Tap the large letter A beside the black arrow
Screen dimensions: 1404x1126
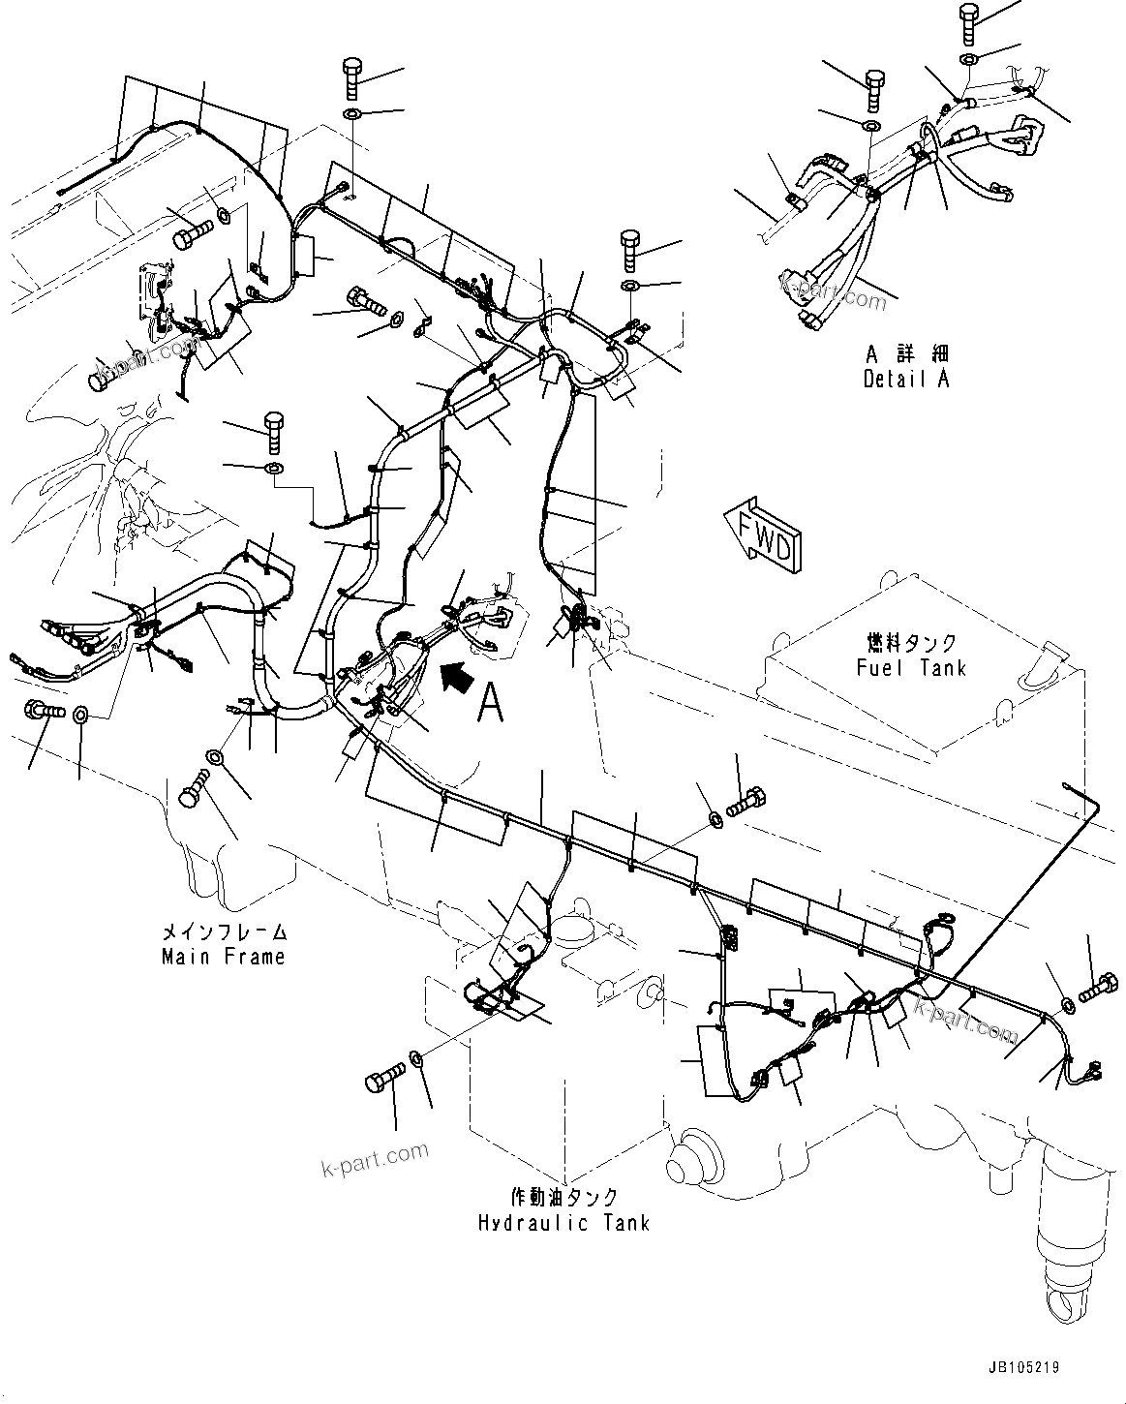[x=491, y=703]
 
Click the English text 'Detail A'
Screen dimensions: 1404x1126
[x=906, y=379]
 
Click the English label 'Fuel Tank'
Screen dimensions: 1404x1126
[x=911, y=667]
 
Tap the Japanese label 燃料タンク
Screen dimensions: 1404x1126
[x=911, y=644]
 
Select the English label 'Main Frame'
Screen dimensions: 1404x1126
[x=223, y=957]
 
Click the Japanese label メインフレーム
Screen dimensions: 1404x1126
[x=223, y=933]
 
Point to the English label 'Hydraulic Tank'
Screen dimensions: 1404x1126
[x=563, y=1222]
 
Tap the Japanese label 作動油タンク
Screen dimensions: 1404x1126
[x=563, y=1199]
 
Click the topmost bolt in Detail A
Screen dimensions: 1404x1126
[x=970, y=23]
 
